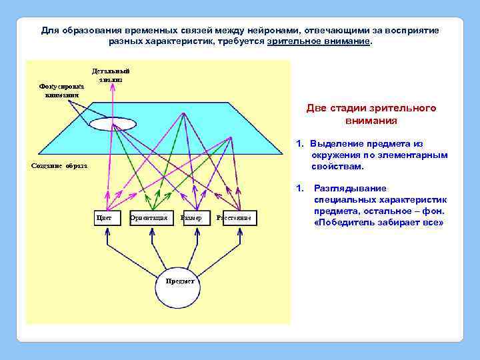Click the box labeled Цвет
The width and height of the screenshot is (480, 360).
click(x=105, y=218)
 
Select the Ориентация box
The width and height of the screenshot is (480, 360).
click(x=149, y=218)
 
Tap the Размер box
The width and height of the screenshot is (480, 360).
click(x=191, y=218)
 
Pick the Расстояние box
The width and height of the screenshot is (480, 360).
click(x=237, y=218)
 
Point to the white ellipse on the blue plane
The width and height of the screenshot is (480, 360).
click(x=113, y=125)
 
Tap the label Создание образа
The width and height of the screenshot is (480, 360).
click(x=59, y=166)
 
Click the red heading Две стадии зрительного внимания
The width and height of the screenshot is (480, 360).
click(x=371, y=115)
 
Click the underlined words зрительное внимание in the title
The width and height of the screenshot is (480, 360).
click(x=319, y=41)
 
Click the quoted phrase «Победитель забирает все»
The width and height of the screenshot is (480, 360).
click(x=378, y=222)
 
